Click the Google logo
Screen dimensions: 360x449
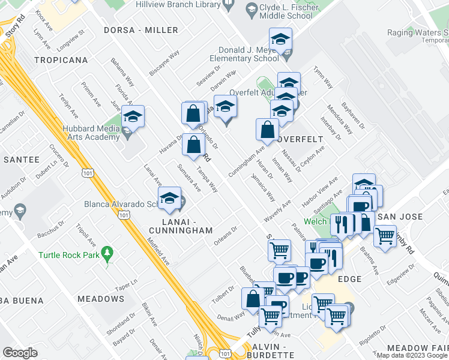point(20,352)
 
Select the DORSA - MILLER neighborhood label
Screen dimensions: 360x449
point(140,30)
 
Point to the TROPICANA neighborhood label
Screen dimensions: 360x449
point(61,61)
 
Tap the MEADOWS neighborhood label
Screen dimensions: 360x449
point(101,299)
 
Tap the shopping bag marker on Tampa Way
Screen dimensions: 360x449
point(193,145)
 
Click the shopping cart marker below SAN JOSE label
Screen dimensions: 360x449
point(385,235)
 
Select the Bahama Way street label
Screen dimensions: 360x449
point(124,73)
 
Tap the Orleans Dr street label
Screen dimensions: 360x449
point(226,236)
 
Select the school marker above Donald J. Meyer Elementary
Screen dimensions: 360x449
point(280,40)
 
